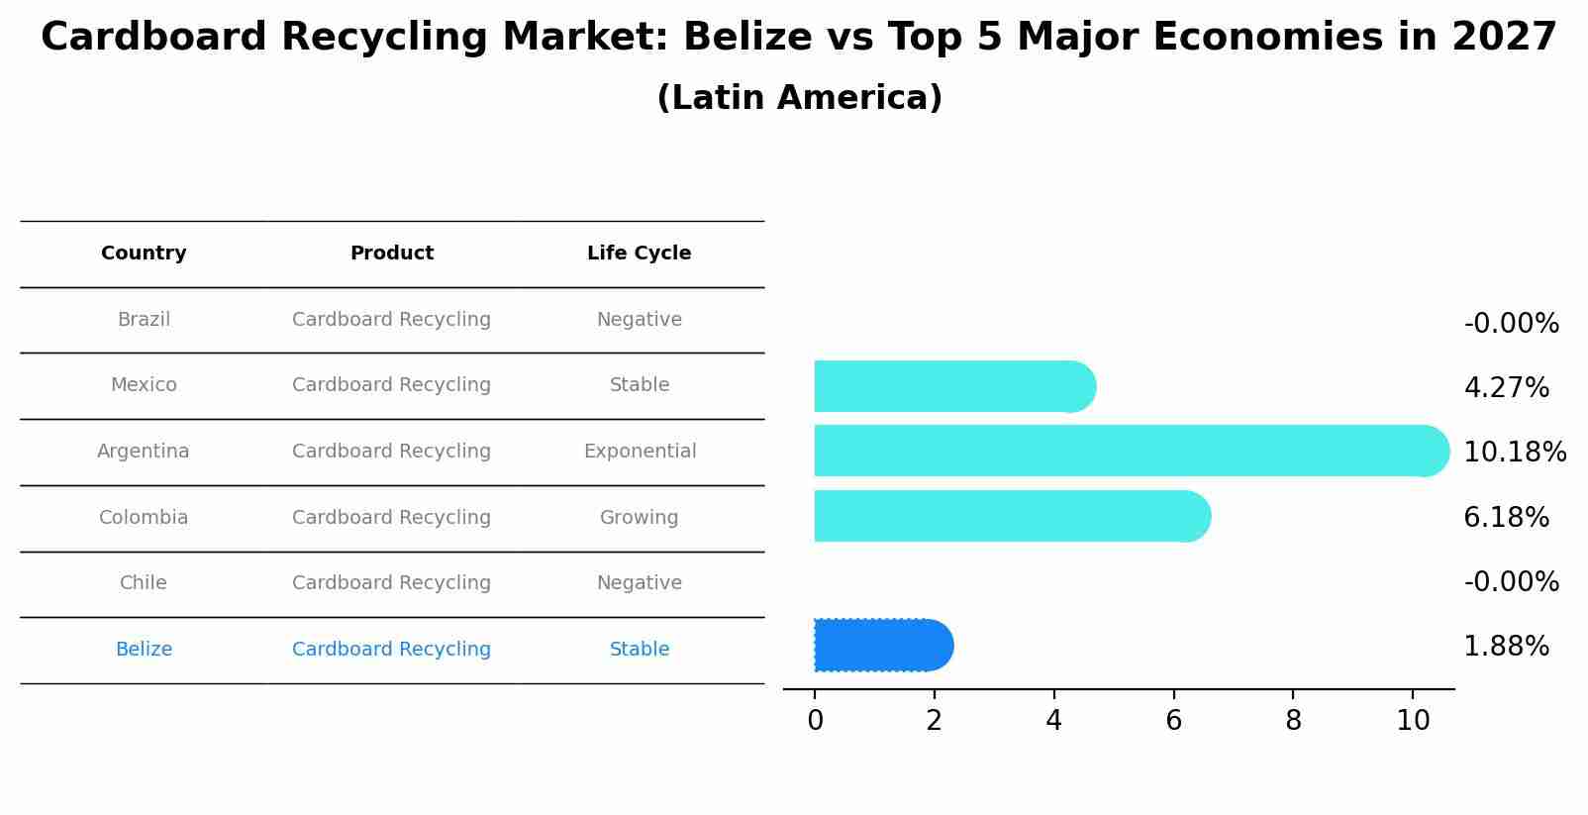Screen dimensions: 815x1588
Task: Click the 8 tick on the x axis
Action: [1293, 721]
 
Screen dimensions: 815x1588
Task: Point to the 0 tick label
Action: [815, 721]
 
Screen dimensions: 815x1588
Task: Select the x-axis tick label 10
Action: [1413, 721]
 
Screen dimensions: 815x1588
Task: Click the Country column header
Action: [144, 254]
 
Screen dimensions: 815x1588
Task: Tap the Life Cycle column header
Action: [639, 254]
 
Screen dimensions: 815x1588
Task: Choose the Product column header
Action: [391, 254]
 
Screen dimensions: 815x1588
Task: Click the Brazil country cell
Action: [144, 320]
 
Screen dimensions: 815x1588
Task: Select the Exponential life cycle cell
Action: [640, 452]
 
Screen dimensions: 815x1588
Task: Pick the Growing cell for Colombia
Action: [639, 518]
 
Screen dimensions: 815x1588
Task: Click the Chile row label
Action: [144, 583]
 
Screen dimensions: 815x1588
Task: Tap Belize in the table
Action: [144, 650]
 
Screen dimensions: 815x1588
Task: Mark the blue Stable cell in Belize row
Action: [639, 650]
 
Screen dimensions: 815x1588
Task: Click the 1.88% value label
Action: [1506, 647]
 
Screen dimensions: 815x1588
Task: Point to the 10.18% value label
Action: [1514, 453]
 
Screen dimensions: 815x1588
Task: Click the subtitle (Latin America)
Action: [799, 98]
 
